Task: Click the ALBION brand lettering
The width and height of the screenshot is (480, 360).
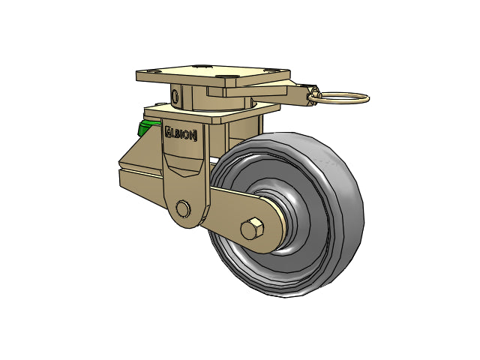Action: (x=181, y=134)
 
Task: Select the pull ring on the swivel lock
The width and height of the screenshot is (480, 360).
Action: (x=338, y=98)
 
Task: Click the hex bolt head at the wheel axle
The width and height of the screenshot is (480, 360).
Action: (x=252, y=229)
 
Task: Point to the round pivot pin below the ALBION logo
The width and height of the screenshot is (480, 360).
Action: (x=183, y=208)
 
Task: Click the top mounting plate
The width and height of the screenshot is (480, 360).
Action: (x=213, y=76)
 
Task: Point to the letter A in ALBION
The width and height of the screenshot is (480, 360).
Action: (x=168, y=132)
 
